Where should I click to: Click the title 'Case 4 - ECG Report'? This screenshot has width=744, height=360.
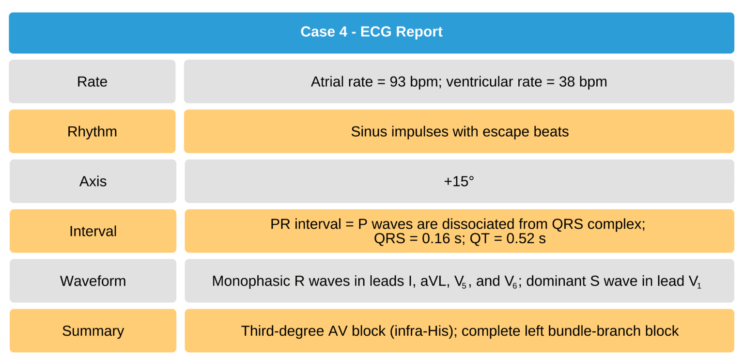(x=372, y=32)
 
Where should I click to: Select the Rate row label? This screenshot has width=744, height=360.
(x=92, y=82)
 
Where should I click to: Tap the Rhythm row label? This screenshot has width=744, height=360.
(x=92, y=132)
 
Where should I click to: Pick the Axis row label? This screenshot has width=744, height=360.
(x=93, y=182)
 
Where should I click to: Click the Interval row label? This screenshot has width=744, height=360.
(x=93, y=231)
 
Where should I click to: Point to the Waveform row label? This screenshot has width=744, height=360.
(x=93, y=281)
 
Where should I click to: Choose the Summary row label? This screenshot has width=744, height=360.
(x=93, y=331)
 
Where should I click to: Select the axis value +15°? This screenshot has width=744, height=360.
(x=459, y=182)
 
